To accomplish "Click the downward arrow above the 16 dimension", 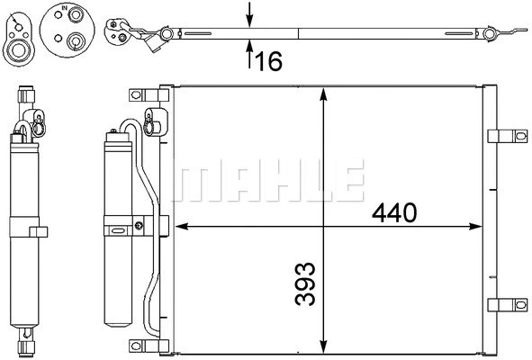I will (x=250, y=17).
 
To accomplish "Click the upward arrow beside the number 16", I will (x=250, y=56).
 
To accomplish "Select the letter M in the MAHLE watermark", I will (x=197, y=181).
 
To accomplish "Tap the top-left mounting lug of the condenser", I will (x=140, y=94).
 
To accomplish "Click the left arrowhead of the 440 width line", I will (x=179, y=224).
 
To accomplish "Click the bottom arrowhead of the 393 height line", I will (x=322, y=347).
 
